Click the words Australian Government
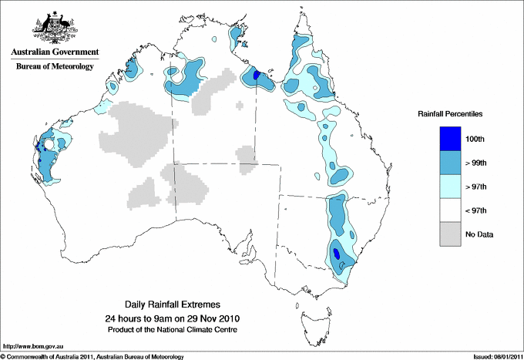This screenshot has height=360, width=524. (54, 52)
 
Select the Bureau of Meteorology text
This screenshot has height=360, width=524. (54, 67)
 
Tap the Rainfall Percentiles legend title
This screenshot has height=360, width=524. (450, 113)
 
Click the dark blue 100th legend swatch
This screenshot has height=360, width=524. (451, 138)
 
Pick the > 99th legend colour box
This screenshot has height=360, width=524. (451, 162)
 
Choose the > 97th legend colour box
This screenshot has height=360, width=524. (451, 186)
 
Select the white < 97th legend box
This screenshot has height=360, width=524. (451, 210)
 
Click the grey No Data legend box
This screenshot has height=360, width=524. (451, 234)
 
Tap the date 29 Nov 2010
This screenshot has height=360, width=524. (207, 318)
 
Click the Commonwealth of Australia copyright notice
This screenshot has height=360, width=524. (92, 356)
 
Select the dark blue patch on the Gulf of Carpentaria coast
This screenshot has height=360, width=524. (257, 76)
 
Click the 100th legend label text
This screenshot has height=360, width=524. (475, 138)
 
